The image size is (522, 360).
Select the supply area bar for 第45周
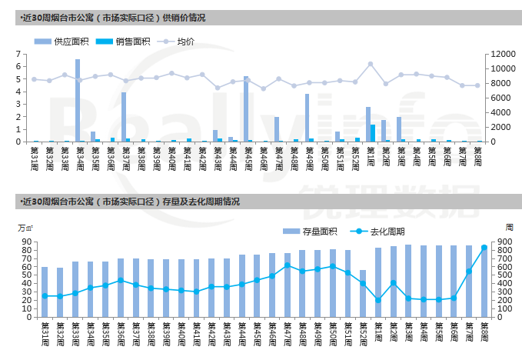[246, 108]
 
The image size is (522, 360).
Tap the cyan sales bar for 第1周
[373, 133]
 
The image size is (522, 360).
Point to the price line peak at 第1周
[370, 64]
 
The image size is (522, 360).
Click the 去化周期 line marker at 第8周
[484, 248]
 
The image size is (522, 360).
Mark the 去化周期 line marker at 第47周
[287, 265]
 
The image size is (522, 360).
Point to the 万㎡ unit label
[26, 228]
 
